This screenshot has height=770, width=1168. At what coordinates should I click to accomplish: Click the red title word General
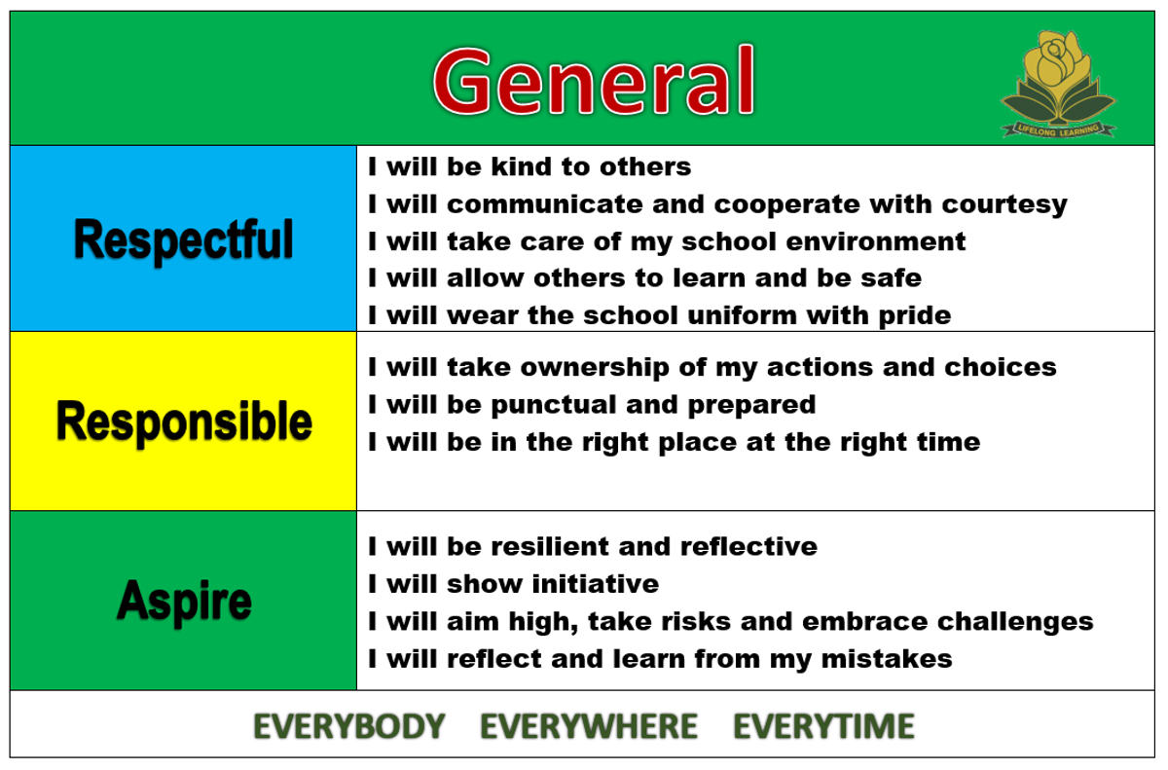594,80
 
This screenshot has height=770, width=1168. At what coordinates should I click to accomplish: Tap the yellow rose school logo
1059,84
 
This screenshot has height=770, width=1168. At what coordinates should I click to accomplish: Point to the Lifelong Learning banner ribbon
1059,129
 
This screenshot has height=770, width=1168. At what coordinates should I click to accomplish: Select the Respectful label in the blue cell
184,240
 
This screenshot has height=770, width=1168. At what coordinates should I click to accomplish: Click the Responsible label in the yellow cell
184,422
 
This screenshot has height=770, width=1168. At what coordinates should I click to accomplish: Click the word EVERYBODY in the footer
348,726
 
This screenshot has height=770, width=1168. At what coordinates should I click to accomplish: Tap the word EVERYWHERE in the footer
589,726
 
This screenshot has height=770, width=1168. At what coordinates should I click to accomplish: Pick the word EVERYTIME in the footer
823,726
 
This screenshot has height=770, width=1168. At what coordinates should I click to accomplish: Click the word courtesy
1004,205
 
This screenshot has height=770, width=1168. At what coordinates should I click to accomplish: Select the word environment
876,241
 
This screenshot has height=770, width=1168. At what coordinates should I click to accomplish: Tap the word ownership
595,369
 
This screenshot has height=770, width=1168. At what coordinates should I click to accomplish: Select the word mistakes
887,659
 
